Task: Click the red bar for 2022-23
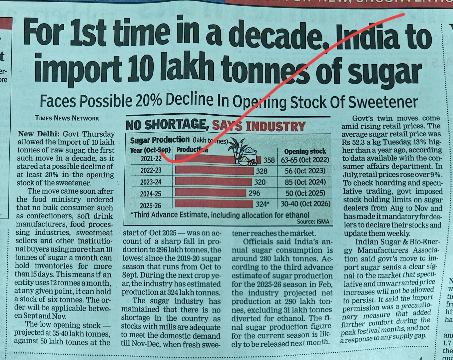[214, 170]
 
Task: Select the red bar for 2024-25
[211, 192]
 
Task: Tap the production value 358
[269, 160]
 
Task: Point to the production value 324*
[262, 204]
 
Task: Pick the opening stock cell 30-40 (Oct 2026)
[305, 204]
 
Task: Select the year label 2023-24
[151, 182]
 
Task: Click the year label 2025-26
[150, 205]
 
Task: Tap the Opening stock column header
[305, 151]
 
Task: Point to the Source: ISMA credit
[313, 221]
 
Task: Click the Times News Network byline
[67, 118]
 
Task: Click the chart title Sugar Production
[160, 140]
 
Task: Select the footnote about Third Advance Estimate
[220, 215]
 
